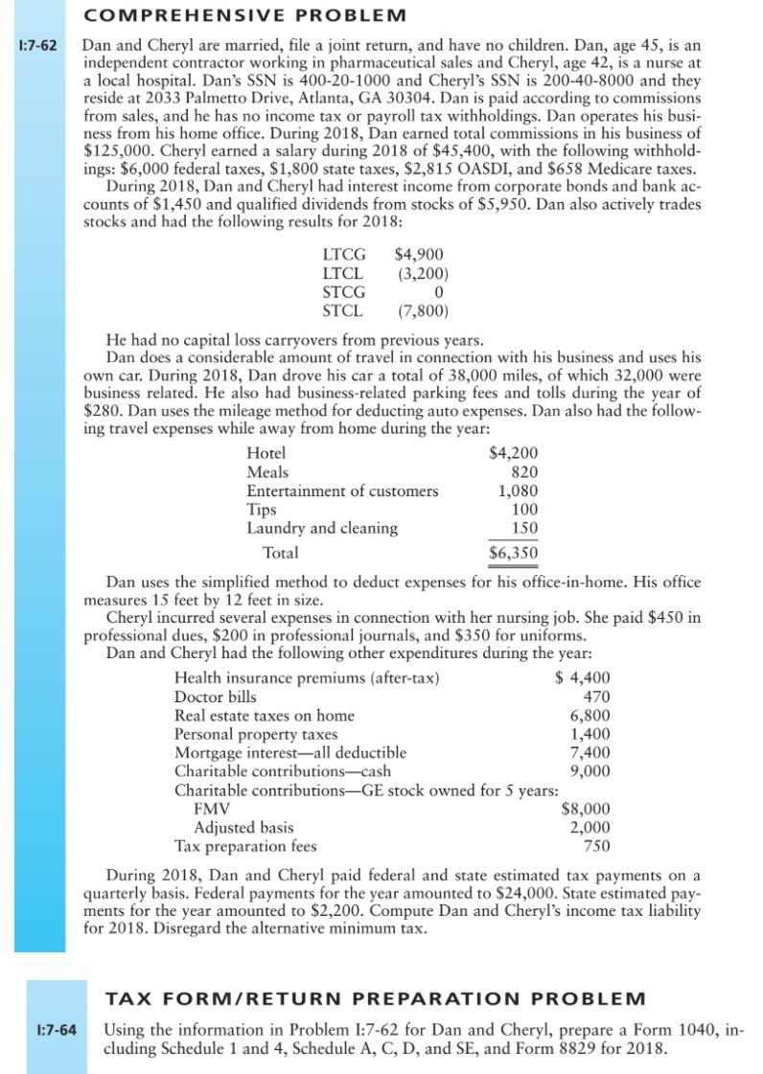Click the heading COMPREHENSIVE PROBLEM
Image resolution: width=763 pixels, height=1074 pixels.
coord(244,16)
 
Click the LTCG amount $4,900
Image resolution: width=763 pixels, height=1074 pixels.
coord(419,255)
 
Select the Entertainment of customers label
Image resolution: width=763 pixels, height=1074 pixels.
coord(342,491)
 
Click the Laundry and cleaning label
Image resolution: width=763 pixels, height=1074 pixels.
coord(322,528)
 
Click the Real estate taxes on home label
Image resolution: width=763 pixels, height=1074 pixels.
coord(264,716)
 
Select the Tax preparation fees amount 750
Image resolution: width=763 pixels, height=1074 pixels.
coord(596,846)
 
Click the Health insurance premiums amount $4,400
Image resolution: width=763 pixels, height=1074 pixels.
coord(584,678)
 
